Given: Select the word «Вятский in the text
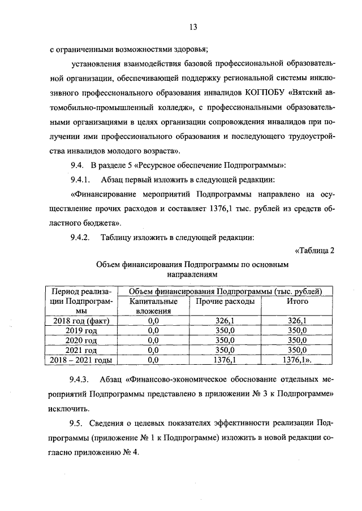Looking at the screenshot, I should [308, 92].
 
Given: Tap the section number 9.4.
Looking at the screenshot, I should [77, 165].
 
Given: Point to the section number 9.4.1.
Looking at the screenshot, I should [80, 180].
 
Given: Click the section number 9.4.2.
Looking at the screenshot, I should [80, 238].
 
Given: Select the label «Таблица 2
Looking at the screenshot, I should [315, 251].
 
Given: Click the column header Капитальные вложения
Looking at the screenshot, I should [153, 306].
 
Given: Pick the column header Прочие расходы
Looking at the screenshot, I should [225, 302].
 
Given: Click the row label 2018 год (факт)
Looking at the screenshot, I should [82, 321].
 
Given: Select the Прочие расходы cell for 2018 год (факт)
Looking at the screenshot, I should [225, 321].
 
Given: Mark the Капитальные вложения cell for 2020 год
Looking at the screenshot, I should [153, 340].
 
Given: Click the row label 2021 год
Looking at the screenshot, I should [82, 350].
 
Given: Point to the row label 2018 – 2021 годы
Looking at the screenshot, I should [82, 359].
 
